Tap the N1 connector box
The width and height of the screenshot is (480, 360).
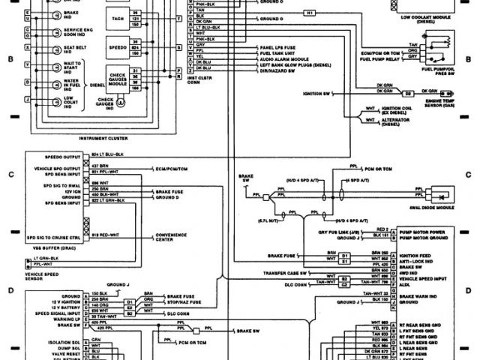tap(310, 13)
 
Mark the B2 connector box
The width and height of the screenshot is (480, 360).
tap(409, 93)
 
